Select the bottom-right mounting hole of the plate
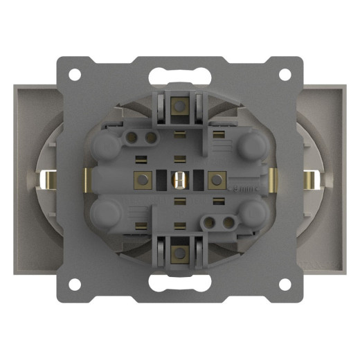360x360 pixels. click(285, 285)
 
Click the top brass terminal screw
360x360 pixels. click(179, 106)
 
